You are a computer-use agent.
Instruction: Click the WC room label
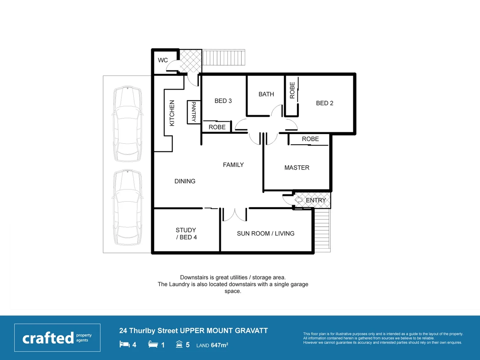(x=163, y=60)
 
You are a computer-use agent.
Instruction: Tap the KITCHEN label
(x=172, y=113)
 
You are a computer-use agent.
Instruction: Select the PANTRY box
(x=194, y=112)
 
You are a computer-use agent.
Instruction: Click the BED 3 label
(x=223, y=101)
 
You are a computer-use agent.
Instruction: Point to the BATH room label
(x=266, y=94)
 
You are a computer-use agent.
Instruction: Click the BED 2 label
(x=324, y=103)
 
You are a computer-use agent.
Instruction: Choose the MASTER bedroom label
(x=297, y=168)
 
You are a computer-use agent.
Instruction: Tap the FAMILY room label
(x=233, y=165)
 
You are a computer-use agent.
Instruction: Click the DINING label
(x=185, y=181)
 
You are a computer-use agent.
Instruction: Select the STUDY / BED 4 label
(x=186, y=234)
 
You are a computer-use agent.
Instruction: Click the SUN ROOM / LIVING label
(x=265, y=234)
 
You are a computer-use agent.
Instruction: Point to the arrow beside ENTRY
(x=299, y=200)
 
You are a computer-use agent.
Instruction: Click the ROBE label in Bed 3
(x=217, y=127)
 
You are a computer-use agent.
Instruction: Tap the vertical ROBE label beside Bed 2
(x=292, y=90)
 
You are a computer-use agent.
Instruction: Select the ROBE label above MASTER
(x=310, y=139)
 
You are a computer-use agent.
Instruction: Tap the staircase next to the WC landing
(x=224, y=58)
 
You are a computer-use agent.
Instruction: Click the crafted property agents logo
(x=57, y=338)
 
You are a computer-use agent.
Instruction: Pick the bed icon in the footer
(x=124, y=344)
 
